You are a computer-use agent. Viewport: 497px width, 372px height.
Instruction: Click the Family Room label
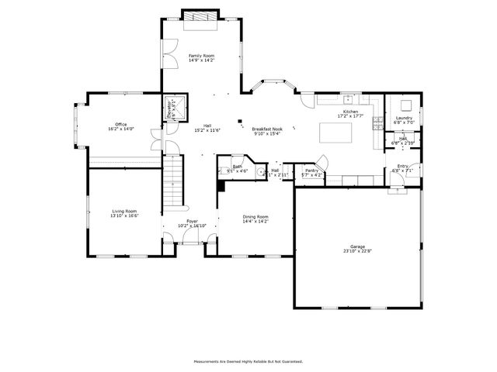[x=202, y=56]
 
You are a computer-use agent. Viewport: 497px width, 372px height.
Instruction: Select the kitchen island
[x=335, y=134]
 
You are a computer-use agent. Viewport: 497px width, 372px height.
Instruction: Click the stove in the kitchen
[x=378, y=122]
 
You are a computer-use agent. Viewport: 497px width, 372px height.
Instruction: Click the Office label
[x=120, y=124]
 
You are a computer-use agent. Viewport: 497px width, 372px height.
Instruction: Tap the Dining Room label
[x=255, y=216]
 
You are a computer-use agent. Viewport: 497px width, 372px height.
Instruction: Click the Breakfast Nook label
[x=266, y=129]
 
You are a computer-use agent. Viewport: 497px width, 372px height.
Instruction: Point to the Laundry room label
[x=403, y=118]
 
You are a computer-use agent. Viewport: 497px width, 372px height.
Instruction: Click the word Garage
[x=357, y=246]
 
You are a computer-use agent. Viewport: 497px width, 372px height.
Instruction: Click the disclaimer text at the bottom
[x=248, y=361]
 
